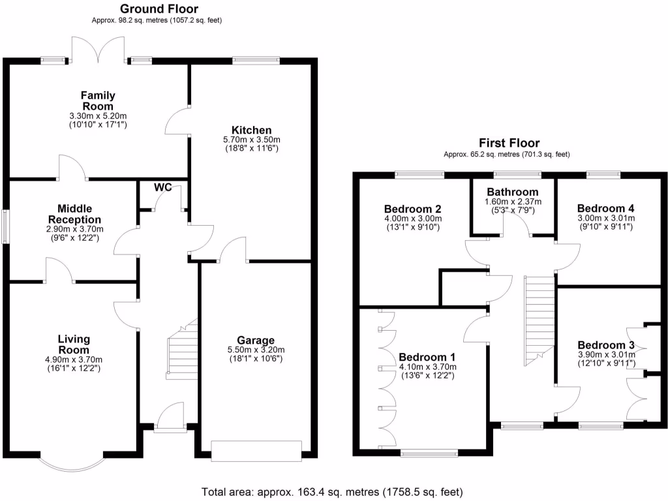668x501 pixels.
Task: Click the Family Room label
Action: click(x=97, y=100)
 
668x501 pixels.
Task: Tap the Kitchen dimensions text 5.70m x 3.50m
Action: click(x=251, y=140)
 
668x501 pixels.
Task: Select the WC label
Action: click(x=163, y=188)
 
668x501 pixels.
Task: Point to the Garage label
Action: click(x=255, y=340)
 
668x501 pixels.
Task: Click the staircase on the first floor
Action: click(x=539, y=320)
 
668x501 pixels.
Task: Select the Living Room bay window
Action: click(x=72, y=461)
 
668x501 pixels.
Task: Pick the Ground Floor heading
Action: click(x=159, y=9)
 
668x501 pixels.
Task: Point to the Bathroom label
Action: click(x=513, y=192)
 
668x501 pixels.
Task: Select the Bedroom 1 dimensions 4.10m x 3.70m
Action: click(x=427, y=367)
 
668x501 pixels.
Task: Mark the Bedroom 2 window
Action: click(x=419, y=174)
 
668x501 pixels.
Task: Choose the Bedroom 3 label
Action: click(x=606, y=345)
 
